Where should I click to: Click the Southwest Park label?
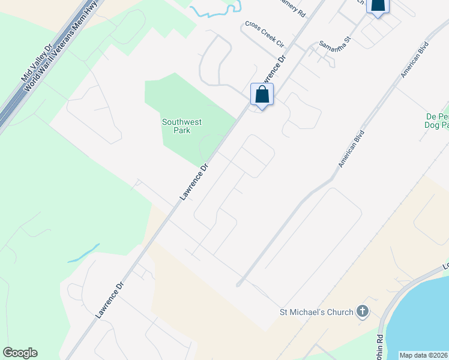click(182, 126)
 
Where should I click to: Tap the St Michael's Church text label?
click(316, 311)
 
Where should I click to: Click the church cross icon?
click(361, 311)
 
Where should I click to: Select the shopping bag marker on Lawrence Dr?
click(262, 95)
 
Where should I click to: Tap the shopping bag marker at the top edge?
click(378, 6)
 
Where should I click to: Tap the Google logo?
click(20, 353)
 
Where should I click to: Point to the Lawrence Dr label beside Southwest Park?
click(196, 181)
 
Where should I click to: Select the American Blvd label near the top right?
click(415, 59)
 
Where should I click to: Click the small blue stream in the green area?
click(84, 254)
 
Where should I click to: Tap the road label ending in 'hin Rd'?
click(380, 347)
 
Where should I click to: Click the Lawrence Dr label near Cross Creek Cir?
click(273, 70)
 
